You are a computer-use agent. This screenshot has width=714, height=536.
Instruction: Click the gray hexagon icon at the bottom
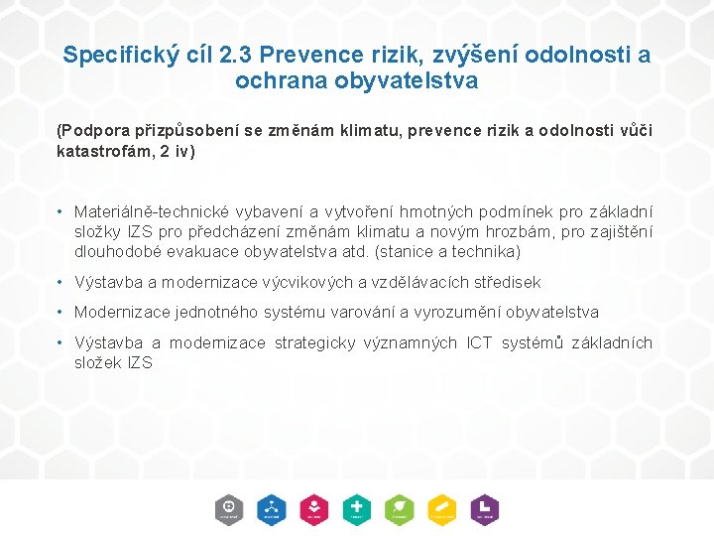click(229, 508)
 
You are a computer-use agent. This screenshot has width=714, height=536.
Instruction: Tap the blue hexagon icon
click(271, 508)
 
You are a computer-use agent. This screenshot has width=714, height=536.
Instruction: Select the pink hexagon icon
click(314, 508)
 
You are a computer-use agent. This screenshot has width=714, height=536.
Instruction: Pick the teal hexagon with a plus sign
click(357, 508)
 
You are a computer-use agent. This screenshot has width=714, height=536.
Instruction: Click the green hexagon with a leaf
click(400, 508)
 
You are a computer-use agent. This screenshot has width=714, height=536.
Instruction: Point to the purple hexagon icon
click(485, 508)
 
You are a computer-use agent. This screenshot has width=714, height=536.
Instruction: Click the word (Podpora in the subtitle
click(91, 131)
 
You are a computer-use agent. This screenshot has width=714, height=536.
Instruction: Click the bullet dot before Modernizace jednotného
click(61, 313)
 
